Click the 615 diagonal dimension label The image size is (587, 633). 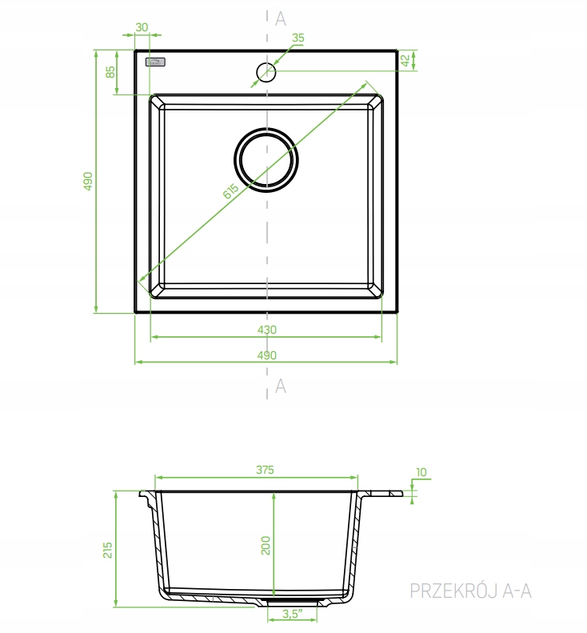[230, 191]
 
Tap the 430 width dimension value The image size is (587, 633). [266, 330]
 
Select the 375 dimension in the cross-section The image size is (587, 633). [265, 470]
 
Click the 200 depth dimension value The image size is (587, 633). [266, 546]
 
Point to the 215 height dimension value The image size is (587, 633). [107, 550]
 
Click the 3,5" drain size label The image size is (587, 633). [293, 614]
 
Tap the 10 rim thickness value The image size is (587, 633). [421, 472]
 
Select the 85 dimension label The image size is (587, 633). [110, 72]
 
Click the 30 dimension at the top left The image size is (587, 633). [142, 27]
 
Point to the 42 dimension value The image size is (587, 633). [405, 60]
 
